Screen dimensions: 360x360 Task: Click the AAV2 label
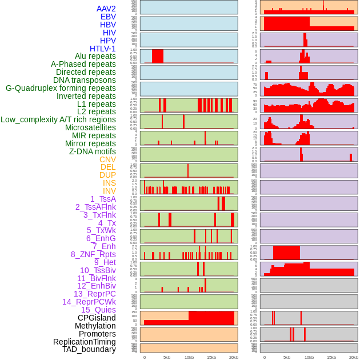(106, 9)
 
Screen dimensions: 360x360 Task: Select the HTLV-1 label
(103, 49)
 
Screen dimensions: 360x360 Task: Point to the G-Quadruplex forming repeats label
(61, 88)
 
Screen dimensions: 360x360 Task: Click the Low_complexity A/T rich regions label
(58, 119)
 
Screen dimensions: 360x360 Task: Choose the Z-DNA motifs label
(93, 151)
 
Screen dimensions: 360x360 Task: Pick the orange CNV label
(107, 159)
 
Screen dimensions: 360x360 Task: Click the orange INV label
(109, 191)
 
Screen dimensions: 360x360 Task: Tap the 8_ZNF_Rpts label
(93, 254)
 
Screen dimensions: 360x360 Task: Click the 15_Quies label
(98, 310)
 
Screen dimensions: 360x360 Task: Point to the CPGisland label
(97, 318)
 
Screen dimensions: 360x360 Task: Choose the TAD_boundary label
(89, 349)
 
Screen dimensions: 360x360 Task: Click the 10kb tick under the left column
(189, 357)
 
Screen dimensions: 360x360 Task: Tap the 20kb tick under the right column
(354, 357)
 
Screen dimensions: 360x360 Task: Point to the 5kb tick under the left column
(167, 357)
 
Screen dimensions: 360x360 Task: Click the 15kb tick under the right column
(331, 357)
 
